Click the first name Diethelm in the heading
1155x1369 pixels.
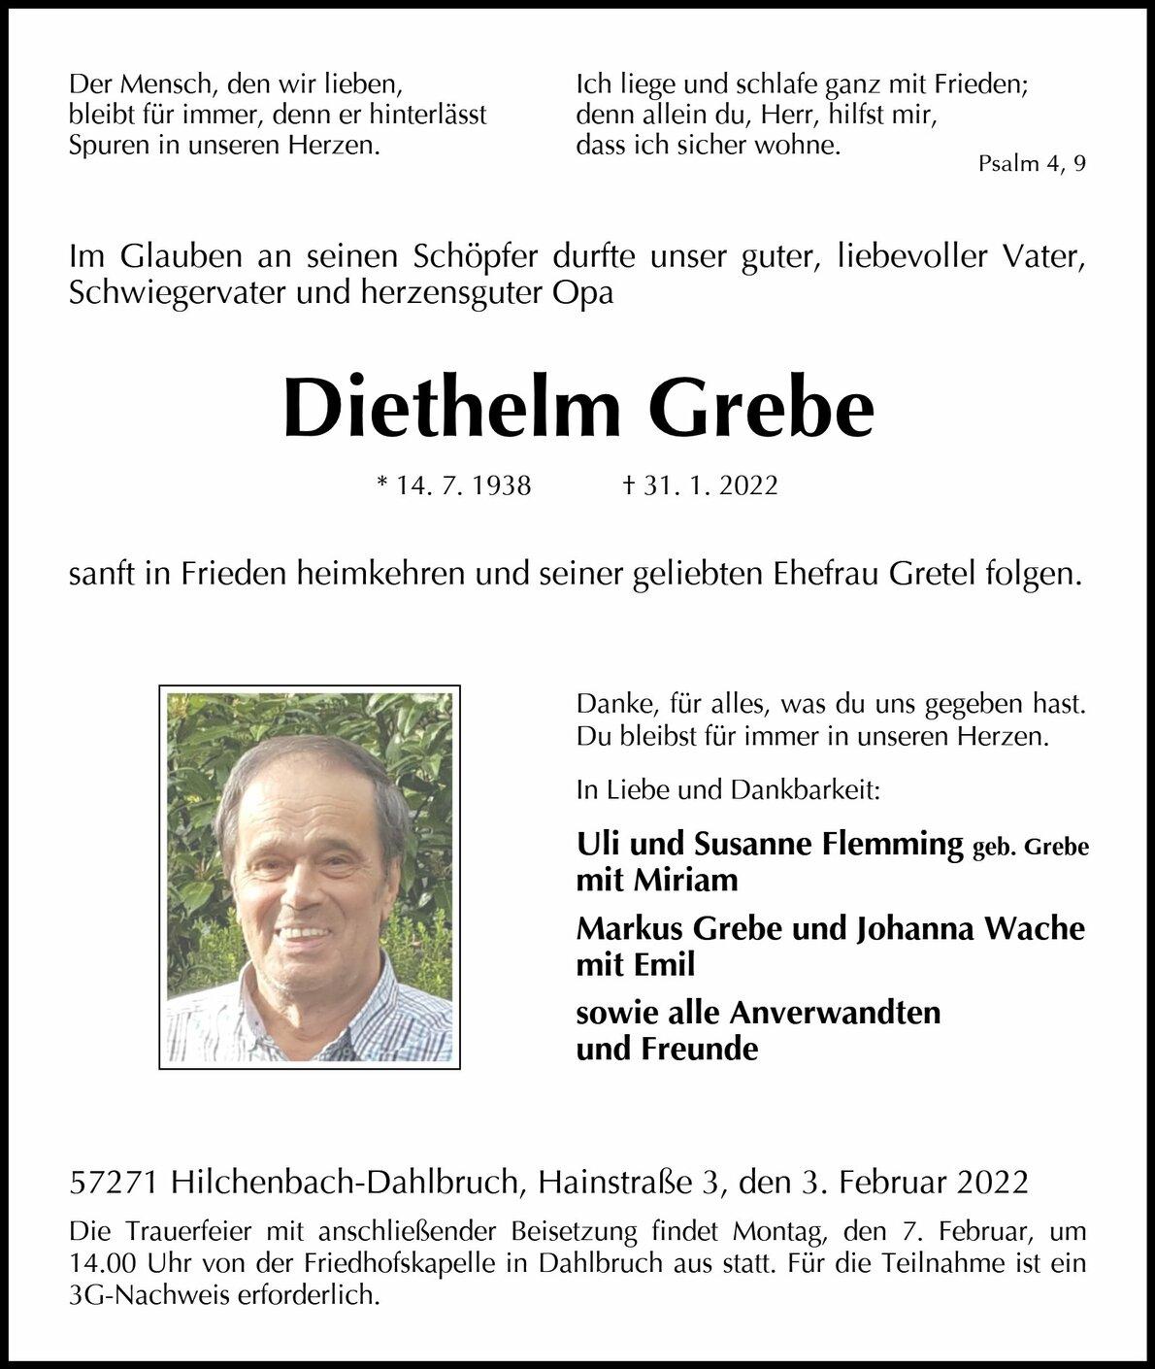pos(451,410)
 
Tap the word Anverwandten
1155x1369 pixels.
pos(835,1012)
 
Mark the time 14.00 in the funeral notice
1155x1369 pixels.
pos(104,1264)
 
